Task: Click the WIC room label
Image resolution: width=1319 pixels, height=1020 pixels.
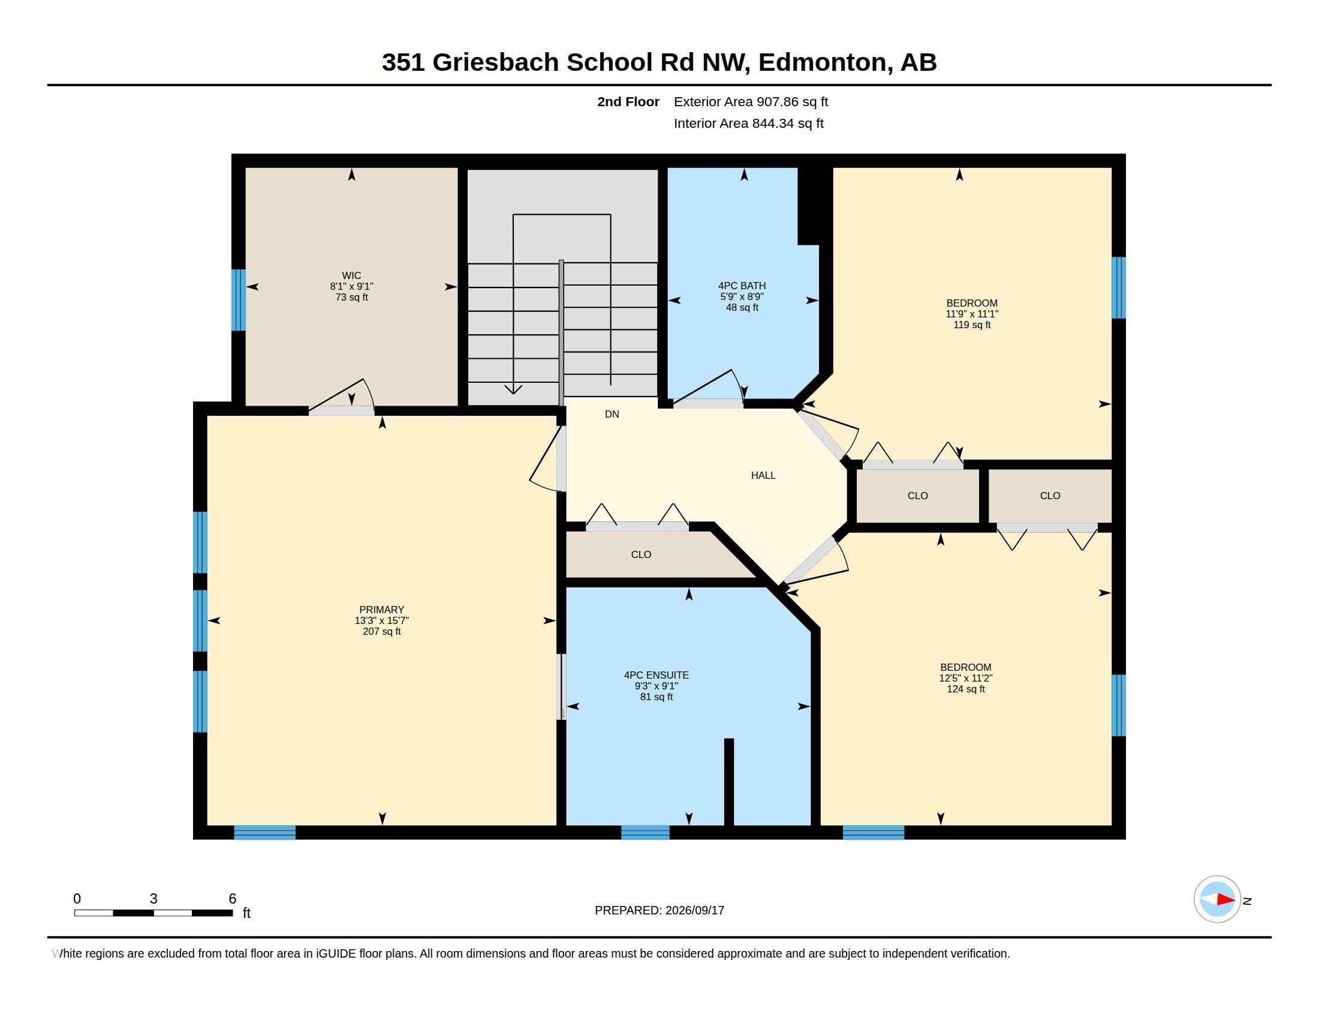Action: [351, 275]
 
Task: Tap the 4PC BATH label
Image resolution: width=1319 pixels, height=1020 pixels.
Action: [742, 286]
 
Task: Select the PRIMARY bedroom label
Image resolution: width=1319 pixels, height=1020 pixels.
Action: [382, 610]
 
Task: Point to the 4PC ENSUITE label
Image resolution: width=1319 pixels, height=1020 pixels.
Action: [657, 675]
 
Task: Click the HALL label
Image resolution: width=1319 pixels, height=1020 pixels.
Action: [763, 476]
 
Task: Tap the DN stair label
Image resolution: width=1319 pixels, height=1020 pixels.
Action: [612, 414]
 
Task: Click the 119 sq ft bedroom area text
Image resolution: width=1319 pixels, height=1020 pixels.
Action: [972, 325]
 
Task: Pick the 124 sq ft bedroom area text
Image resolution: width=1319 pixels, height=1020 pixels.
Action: [966, 689]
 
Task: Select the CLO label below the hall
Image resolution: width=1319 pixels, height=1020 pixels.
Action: [641, 554]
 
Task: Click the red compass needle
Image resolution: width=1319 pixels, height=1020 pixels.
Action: [1226, 900]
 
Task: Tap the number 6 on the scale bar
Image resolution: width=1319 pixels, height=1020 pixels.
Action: [233, 899]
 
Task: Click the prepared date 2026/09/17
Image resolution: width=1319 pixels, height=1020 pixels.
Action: [694, 910]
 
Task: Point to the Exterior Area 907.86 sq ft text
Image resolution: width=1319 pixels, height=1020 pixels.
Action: [751, 101]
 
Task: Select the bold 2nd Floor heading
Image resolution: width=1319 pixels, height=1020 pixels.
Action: [628, 101]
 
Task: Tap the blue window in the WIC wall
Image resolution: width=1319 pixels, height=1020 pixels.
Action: [239, 300]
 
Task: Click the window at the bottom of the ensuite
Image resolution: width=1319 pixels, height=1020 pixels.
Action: [645, 832]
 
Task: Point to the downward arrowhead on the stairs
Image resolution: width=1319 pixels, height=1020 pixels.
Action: [513, 389]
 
